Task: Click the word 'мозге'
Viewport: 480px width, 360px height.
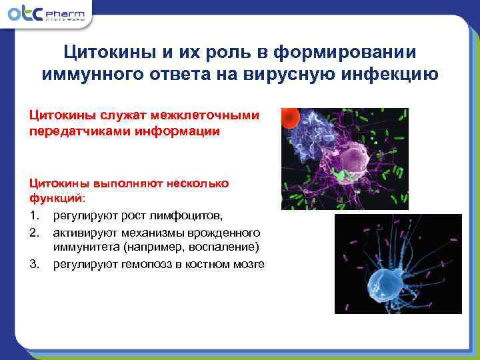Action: (249, 264)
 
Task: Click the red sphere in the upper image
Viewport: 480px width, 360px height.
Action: (289, 119)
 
